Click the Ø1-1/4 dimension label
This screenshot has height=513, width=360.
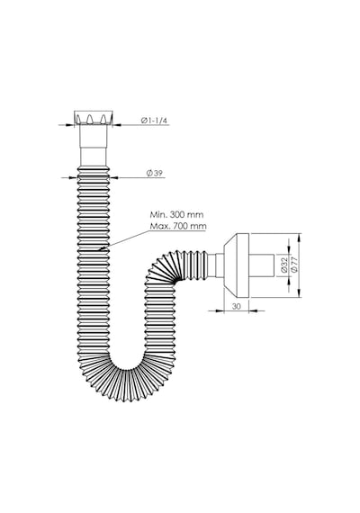click(154, 121)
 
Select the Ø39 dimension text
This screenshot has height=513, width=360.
click(155, 173)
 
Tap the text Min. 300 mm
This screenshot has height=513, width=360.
click(176, 214)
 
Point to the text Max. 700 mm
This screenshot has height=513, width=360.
click(178, 226)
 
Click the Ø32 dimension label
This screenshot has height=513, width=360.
click(284, 265)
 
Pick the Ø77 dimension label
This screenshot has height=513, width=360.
click(294, 265)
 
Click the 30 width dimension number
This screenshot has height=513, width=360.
click(236, 306)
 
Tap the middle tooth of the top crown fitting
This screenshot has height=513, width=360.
click(89, 119)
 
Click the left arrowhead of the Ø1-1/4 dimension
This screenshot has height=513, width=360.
click(70, 125)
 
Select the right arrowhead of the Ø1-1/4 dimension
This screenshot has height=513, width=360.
click(117, 125)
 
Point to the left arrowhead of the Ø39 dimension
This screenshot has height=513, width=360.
click(74, 177)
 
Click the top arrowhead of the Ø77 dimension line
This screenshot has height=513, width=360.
click(300, 238)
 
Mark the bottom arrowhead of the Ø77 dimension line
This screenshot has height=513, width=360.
click(300, 293)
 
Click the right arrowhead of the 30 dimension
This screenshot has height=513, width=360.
click(253, 310)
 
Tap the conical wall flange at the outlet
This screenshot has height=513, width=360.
click(237, 265)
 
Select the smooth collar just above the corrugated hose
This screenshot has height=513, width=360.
click(94, 157)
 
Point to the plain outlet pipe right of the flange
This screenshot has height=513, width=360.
click(262, 265)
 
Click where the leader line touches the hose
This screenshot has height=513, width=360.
click(100, 250)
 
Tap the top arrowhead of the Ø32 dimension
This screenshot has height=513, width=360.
click(289, 249)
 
